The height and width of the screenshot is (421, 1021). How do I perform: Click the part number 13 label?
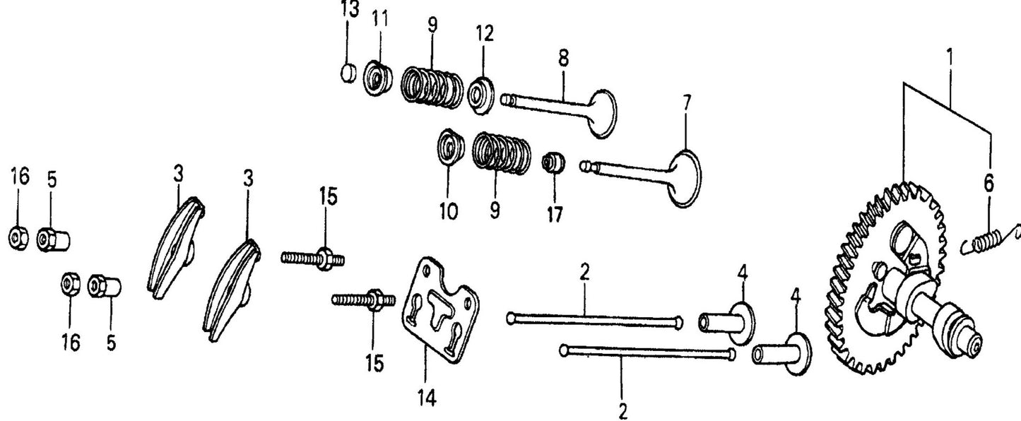349,11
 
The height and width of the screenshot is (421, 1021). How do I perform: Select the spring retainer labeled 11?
378,76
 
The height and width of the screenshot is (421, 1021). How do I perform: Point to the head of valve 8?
602,113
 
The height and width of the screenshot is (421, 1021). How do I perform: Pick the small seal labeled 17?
553,165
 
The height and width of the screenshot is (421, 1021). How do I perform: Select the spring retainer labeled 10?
449,146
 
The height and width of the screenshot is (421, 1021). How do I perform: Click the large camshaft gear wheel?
887,283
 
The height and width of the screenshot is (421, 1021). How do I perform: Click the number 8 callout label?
563,58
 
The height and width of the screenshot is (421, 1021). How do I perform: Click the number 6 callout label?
988,184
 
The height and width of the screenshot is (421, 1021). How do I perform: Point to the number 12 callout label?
484,34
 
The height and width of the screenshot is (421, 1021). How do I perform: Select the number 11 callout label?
381,19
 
